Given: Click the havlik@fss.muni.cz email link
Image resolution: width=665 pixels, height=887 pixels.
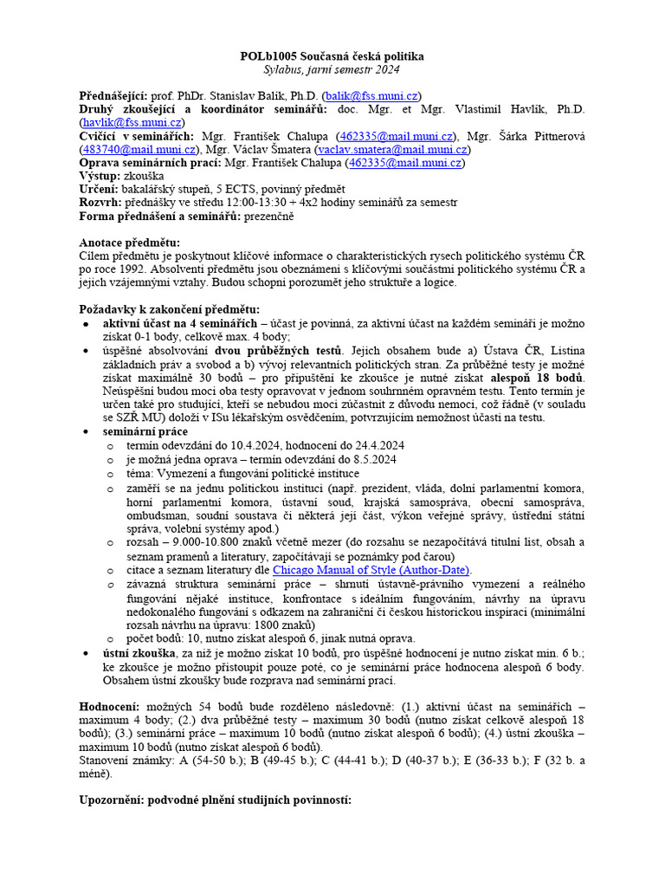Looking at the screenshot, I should [132, 122].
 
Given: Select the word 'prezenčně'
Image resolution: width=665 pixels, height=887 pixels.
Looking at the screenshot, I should [269, 216].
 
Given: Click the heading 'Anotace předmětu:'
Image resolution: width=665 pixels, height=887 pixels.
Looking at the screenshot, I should [130, 243].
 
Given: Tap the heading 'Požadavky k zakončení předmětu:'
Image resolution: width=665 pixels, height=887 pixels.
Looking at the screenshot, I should [169, 309].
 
